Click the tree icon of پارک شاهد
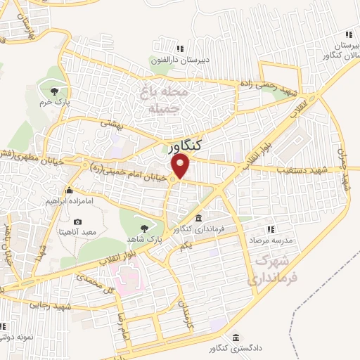pos(145,227)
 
